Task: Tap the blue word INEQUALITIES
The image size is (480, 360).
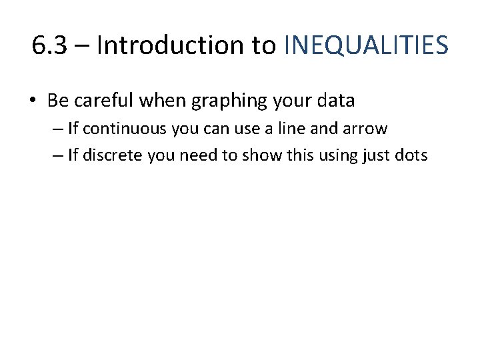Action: click(366, 45)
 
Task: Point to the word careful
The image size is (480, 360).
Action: click(103, 101)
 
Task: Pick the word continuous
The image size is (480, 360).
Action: click(124, 129)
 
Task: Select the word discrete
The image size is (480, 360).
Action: click(110, 156)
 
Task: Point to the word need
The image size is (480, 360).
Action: click(191, 156)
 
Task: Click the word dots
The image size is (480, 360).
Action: click(413, 156)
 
